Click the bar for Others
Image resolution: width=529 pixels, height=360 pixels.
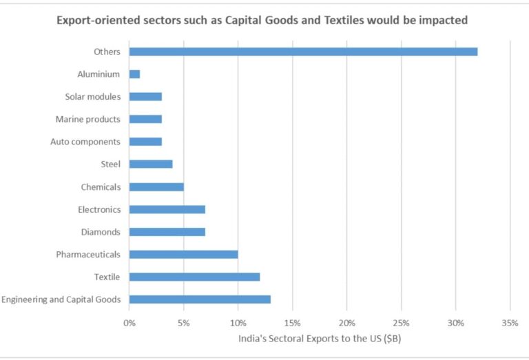(303, 52)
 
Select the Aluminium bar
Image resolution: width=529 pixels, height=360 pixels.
(134, 74)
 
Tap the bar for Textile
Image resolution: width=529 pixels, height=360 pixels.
(194, 277)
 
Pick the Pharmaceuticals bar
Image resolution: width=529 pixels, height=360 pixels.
(183, 255)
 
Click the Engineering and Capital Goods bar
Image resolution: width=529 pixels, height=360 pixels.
(200, 299)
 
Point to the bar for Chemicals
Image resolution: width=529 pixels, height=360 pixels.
(156, 187)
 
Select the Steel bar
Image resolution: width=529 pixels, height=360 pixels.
(151, 164)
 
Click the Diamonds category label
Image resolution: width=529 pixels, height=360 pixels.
(101, 232)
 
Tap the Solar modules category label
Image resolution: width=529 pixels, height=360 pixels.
(92, 97)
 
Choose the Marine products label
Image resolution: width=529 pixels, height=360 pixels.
(87, 119)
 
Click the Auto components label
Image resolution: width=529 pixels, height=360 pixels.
(85, 142)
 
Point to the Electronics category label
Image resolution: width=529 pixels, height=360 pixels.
(98, 209)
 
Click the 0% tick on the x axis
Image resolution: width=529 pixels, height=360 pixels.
(129, 323)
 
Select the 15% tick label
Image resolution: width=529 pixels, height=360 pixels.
(292, 323)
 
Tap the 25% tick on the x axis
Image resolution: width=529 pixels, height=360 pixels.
(401, 323)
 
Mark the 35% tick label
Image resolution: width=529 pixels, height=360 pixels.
(510, 323)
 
